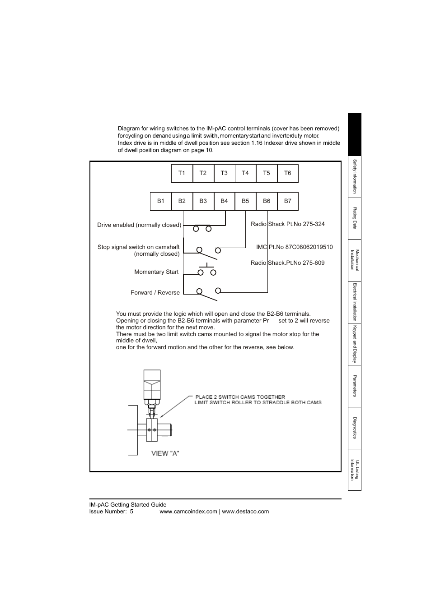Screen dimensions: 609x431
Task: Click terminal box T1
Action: coord(182,173)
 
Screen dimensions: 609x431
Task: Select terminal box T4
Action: coord(245,173)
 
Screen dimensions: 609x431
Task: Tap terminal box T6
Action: coord(287,173)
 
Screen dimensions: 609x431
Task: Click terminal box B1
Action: coord(161,201)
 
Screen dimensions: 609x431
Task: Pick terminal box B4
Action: coord(224,201)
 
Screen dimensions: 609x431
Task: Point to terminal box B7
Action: coord(287,201)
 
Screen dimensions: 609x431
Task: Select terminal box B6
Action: coord(267,201)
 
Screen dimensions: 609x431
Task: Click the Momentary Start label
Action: coord(156,272)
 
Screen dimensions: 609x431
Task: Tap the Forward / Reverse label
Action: coord(155,293)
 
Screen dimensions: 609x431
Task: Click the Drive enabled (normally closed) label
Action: coord(139,225)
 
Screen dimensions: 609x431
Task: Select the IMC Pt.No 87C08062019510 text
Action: coord(294,247)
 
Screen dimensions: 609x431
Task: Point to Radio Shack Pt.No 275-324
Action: coord(287,224)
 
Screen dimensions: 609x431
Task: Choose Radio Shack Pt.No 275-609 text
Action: coord(287,263)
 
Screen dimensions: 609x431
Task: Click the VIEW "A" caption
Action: coord(165,453)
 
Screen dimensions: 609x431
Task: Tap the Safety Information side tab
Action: coord(355,176)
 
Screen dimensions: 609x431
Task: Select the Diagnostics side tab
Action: coord(355,428)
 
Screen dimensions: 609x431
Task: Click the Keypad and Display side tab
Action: coord(355,344)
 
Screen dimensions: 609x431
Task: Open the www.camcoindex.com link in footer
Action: coord(188,512)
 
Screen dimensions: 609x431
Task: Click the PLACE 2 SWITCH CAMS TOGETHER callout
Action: coord(240,397)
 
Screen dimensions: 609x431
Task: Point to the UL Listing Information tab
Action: coord(355,470)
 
